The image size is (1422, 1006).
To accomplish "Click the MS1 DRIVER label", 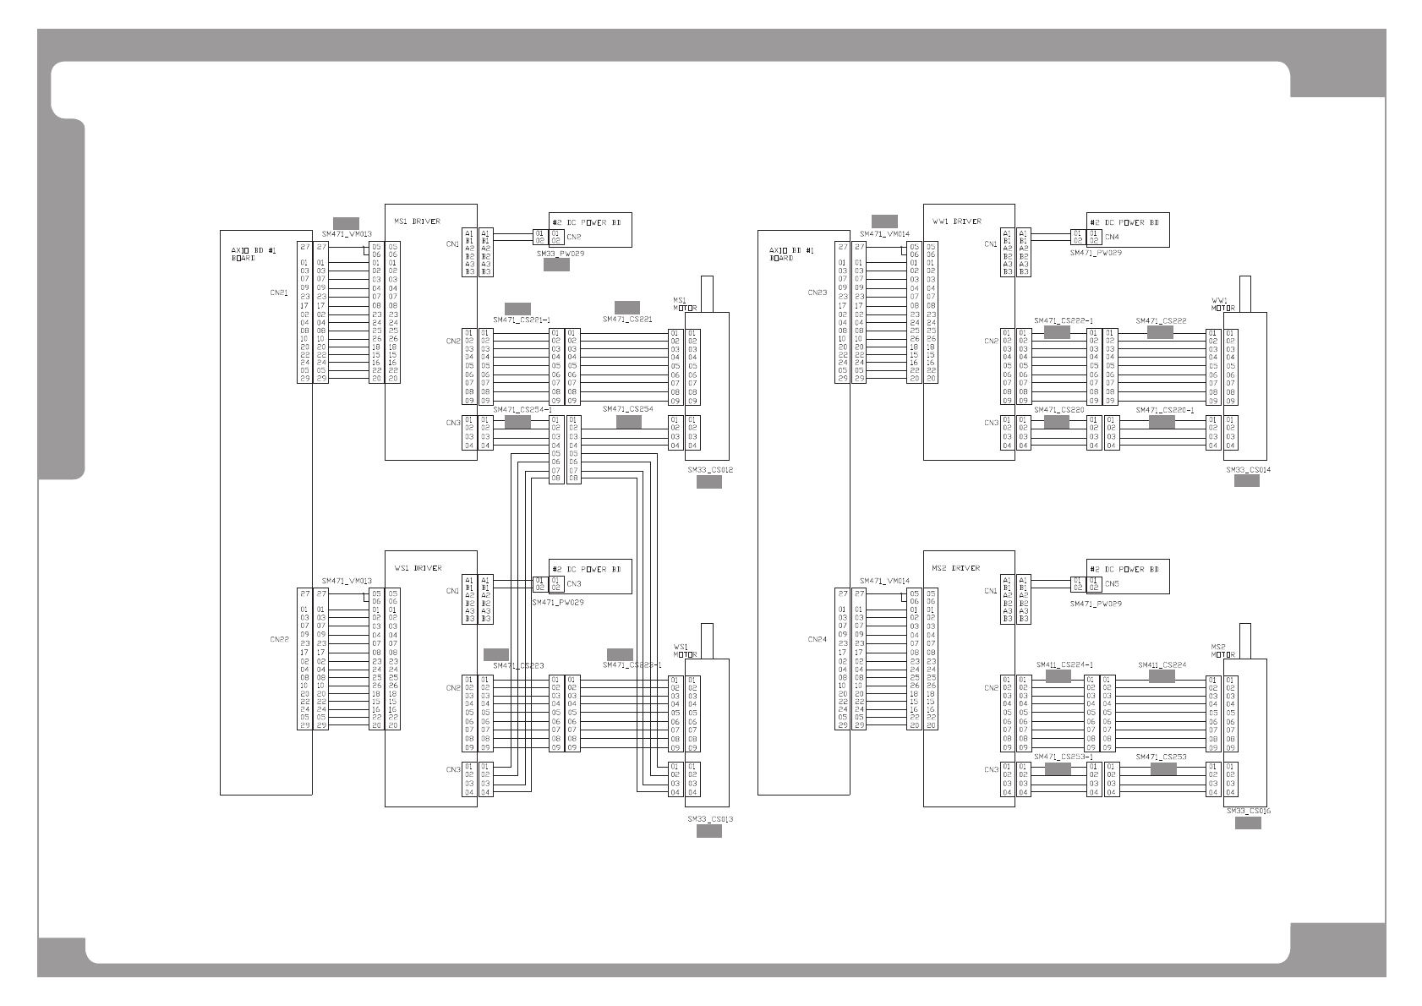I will pos(417,221).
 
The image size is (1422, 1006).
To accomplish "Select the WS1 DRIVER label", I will pos(417,568).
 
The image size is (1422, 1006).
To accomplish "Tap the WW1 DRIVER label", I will pos(957,221).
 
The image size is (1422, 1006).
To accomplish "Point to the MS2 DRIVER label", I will pos(955,568).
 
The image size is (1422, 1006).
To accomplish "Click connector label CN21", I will pos(279,293).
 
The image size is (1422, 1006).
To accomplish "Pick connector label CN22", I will pos(279,640).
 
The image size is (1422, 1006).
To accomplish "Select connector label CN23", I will pos(817,293).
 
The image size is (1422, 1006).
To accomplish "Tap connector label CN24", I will pos(817,640).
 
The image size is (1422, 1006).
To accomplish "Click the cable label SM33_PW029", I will pos(560,253).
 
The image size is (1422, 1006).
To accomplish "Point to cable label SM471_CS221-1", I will pos(522,320).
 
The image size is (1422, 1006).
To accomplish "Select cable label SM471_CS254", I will pos(627,409).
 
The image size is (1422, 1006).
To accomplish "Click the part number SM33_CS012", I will pos(709,469).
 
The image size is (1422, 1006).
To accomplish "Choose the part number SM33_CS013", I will pos(709,819).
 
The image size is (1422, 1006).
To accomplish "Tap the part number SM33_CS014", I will pos(1248,469).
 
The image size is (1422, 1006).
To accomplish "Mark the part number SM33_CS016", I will pos(1249,811).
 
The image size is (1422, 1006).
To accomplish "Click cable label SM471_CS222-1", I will pos(1063,321).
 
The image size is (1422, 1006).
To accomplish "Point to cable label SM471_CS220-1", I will pos(1164,410).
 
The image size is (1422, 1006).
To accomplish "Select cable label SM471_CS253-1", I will pos(1063,757).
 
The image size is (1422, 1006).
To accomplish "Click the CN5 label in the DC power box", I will pos(1112,584).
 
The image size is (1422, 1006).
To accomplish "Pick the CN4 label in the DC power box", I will pos(1112,238).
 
